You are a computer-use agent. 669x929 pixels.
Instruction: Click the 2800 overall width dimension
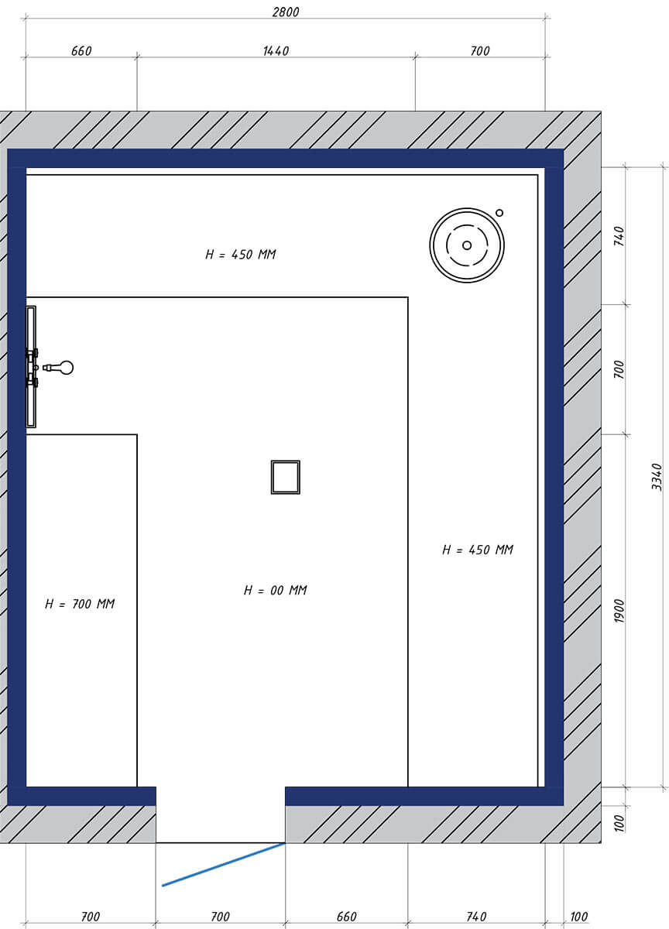(286, 12)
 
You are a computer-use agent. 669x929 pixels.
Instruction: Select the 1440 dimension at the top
(276, 51)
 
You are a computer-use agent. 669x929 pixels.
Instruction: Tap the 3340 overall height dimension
(657, 477)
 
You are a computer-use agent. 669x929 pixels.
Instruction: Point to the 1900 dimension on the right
(619, 611)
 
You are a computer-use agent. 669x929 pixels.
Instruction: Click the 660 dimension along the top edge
(81, 51)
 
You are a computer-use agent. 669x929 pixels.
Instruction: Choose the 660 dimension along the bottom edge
(346, 917)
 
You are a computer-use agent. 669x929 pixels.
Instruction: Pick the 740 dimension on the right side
(619, 236)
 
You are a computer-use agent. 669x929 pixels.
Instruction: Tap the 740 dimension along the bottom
(476, 917)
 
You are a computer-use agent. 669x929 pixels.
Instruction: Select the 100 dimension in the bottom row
(578, 917)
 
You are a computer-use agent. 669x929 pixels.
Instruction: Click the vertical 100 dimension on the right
(619, 823)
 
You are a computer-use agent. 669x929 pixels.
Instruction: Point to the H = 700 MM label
(80, 604)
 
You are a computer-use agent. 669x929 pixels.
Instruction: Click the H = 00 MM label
(276, 590)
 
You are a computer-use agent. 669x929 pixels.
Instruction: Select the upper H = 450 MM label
(241, 254)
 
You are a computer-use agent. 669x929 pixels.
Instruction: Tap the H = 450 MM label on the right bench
(478, 550)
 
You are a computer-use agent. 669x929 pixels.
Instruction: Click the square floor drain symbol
(286, 477)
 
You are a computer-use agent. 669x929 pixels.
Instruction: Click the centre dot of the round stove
(467, 245)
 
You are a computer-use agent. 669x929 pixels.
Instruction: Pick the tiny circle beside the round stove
(499, 213)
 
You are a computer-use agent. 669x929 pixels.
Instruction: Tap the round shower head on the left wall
(67, 368)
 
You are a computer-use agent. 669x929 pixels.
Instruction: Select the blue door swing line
(223, 865)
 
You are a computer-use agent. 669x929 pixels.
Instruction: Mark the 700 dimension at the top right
(480, 51)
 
